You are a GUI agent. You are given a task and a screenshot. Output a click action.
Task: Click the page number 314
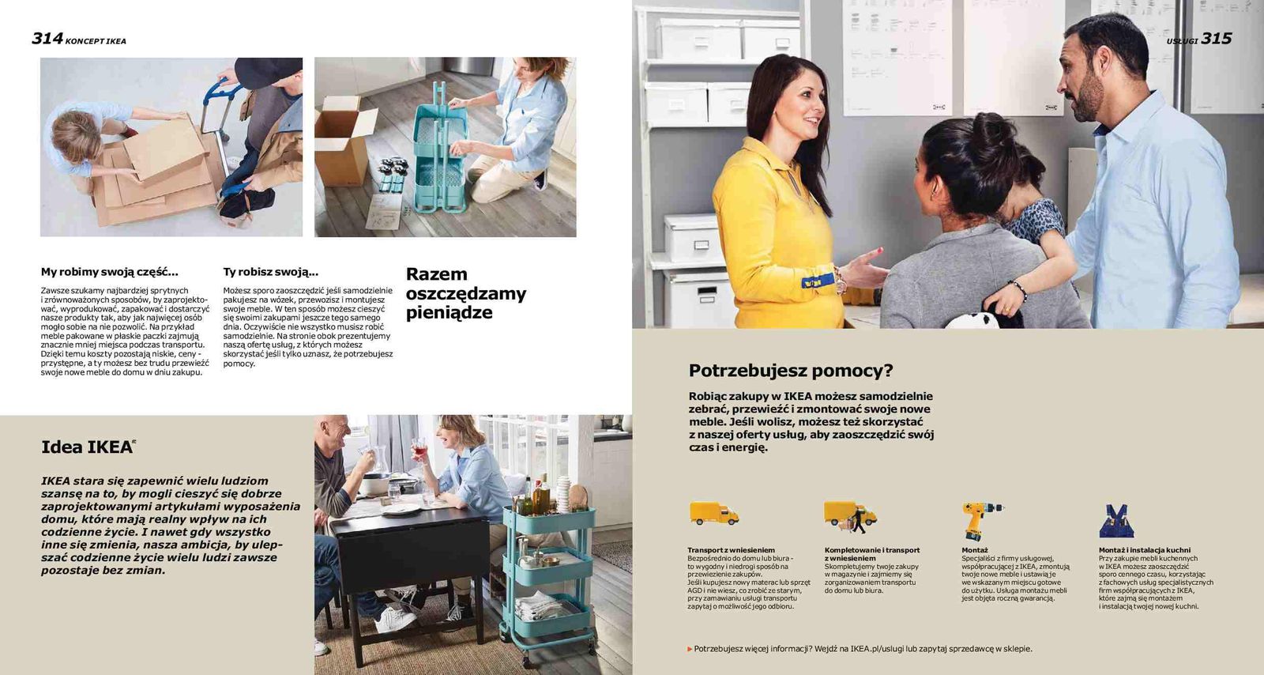[x=47, y=38]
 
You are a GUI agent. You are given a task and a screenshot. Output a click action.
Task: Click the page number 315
[x=1217, y=39]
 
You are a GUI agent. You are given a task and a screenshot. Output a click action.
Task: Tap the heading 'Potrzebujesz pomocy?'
[x=790, y=371]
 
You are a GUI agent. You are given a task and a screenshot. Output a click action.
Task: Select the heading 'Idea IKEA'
[x=87, y=447]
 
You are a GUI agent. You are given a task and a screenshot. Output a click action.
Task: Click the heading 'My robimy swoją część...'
[x=109, y=272]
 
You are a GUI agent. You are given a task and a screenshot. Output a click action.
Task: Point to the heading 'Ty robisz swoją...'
[x=270, y=272]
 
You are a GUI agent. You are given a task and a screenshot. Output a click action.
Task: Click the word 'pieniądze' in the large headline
[x=449, y=313]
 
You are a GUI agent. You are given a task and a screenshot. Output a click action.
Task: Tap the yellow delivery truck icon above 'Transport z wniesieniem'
[x=713, y=514]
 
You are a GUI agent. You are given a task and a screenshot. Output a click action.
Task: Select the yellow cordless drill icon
[x=980, y=519]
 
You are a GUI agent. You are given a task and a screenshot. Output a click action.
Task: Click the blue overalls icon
[x=1115, y=521]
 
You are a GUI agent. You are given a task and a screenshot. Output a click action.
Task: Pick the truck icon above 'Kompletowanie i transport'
[x=849, y=516]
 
